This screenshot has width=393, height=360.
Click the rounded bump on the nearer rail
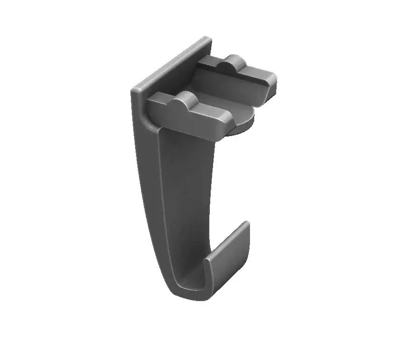coord(184,100)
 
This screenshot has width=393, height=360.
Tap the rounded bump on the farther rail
coord(234,61)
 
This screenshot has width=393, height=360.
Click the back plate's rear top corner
coord(206,39)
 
